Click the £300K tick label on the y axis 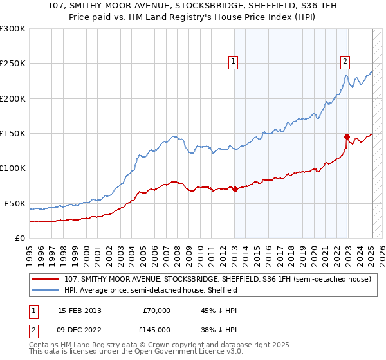13,29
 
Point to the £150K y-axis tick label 13,134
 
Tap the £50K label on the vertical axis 15,203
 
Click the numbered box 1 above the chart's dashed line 233,62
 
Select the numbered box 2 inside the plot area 345,62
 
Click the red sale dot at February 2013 235,189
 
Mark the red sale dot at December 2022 347,136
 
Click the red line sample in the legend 45,280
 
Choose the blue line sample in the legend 45,291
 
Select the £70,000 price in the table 156,310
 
